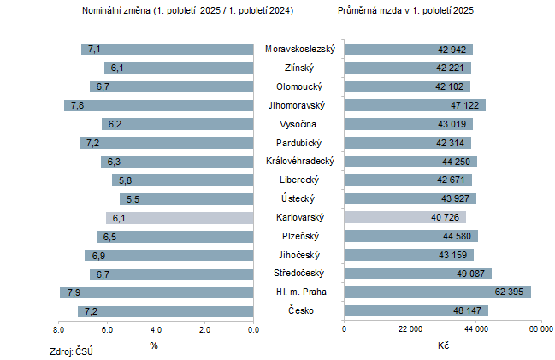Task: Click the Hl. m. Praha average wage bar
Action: point(437,292)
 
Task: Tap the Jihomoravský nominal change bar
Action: point(159,105)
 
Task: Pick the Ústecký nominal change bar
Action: point(187,199)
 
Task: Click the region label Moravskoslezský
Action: point(299,49)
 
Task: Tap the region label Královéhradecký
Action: point(299,162)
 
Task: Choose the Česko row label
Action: point(299,310)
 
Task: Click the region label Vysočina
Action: point(299,124)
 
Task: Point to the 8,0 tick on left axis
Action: point(59,329)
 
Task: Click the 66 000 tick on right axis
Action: point(540,329)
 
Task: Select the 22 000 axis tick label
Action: point(410,329)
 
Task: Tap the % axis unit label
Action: point(154,345)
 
